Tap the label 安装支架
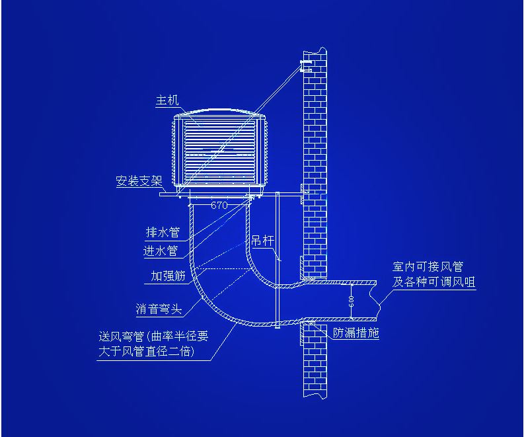[138, 180]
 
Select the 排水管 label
[163, 233]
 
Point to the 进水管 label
[161, 251]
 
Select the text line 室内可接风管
[427, 267]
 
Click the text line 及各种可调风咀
[434, 282]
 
